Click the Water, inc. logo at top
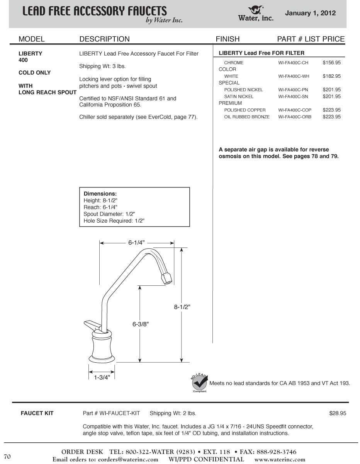pos(256,13)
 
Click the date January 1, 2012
pos(310,13)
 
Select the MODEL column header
pos(32,39)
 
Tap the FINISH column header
pos(228,39)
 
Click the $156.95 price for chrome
pos(331,63)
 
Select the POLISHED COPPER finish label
pos(245,110)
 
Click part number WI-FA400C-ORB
pos(295,117)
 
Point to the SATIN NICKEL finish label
pos(239,97)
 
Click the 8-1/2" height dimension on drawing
pos(182,307)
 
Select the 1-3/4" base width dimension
pos(102,377)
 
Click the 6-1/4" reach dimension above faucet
pos(136,243)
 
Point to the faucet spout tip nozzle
pos(166,278)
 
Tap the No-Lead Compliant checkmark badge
pos(200,383)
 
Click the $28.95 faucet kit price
pos(338,413)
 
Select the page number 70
pos(7,457)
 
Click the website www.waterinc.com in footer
pos(280,460)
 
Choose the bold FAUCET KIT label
pos(37,413)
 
